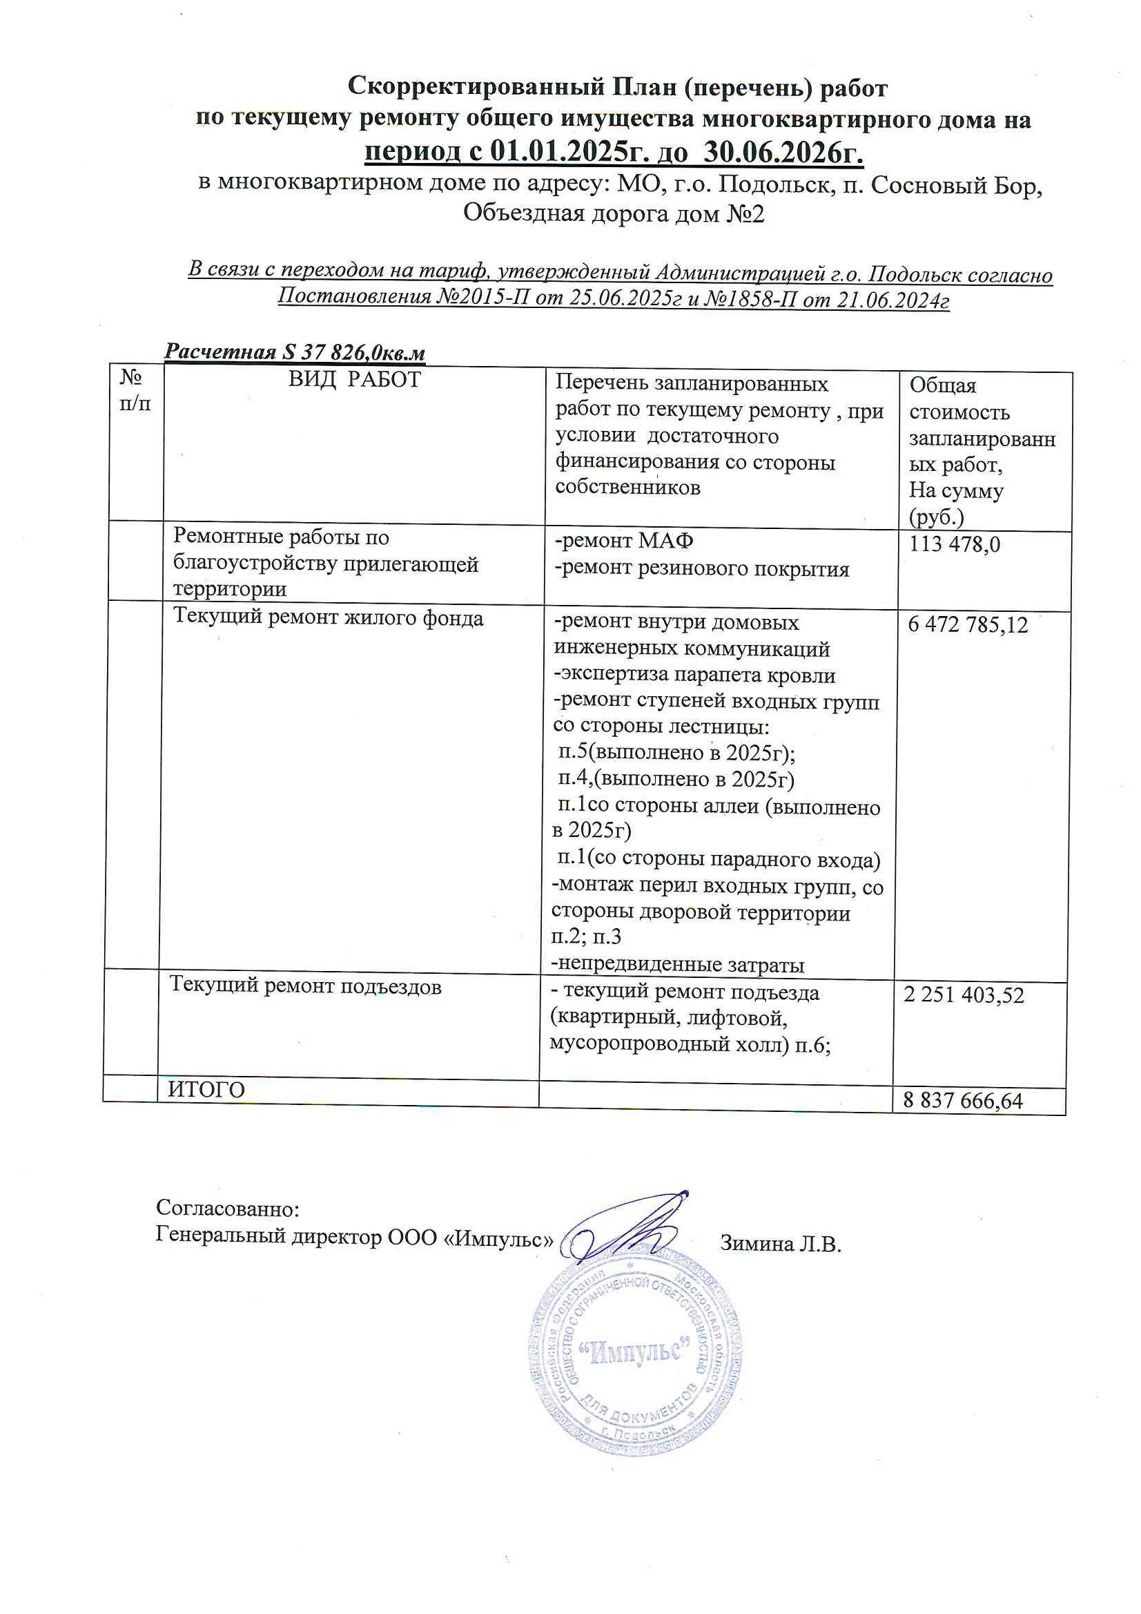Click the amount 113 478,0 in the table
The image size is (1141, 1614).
point(954,544)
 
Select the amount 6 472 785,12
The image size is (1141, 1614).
point(968,624)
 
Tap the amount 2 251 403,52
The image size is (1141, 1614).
point(963,995)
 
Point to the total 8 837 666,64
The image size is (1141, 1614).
point(962,1100)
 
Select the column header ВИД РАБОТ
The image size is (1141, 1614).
point(354,380)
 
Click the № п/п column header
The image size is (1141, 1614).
point(135,391)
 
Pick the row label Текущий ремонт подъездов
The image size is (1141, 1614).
point(305,986)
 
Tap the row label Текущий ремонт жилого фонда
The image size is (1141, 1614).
point(328,618)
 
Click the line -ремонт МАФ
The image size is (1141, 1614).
point(624,541)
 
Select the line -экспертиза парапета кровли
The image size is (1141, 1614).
point(694,675)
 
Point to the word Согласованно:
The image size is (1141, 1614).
point(228,1209)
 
